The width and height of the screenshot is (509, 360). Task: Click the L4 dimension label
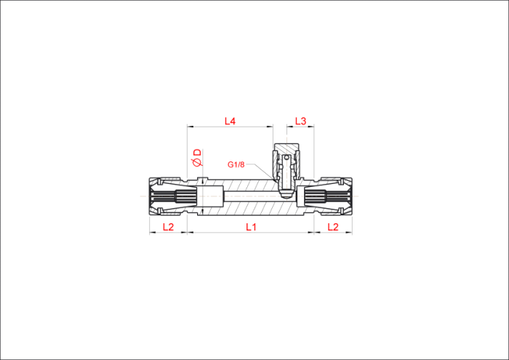pyautogui.click(x=231, y=121)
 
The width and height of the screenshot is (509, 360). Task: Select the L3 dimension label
pyautogui.click(x=300, y=121)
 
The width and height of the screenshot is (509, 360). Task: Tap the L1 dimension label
pyautogui.click(x=251, y=227)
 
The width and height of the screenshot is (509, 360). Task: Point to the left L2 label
pyautogui.click(x=168, y=227)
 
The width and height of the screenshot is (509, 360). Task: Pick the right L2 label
pyautogui.click(x=333, y=227)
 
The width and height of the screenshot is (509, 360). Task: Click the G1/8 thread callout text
pyautogui.click(x=236, y=164)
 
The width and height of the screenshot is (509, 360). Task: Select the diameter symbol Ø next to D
pyautogui.click(x=197, y=162)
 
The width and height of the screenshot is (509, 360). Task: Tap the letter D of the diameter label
pyautogui.click(x=197, y=153)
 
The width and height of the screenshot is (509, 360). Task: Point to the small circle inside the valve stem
pyautogui.click(x=286, y=158)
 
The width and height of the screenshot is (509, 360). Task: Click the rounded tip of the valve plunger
pyautogui.click(x=286, y=195)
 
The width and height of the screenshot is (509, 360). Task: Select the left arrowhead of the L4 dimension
pyautogui.click(x=191, y=127)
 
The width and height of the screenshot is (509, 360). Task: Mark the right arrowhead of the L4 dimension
pyautogui.click(x=270, y=127)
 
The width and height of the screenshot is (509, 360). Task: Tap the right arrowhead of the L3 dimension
pyautogui.click(x=311, y=127)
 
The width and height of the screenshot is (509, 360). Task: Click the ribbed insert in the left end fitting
pyautogui.click(x=174, y=196)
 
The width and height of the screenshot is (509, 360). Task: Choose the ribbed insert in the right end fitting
pyautogui.click(x=327, y=196)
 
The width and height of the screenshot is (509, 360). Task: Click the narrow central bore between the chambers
pyautogui.click(x=252, y=196)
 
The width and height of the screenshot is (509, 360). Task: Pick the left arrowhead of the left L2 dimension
pyautogui.click(x=153, y=233)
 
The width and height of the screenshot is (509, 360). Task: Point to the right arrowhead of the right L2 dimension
pyautogui.click(x=349, y=233)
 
